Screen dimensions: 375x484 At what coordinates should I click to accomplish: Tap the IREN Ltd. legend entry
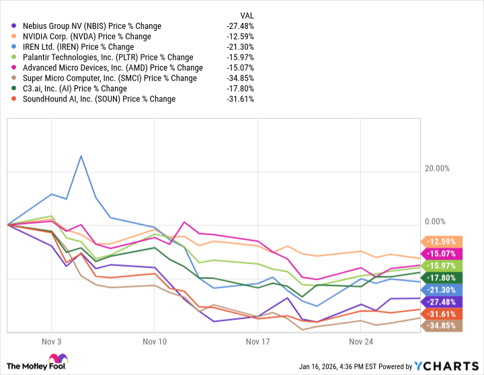point(78,47)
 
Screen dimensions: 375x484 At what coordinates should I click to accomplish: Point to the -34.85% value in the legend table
point(240,78)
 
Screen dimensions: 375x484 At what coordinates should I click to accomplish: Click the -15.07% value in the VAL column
point(240,67)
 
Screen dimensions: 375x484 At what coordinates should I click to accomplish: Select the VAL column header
point(247,15)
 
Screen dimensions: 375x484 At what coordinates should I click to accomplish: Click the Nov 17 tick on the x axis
point(258,341)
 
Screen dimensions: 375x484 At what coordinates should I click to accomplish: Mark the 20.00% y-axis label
point(441,169)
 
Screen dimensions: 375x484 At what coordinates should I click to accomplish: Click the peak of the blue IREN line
point(81,156)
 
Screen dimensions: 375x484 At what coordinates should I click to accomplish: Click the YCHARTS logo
point(445,366)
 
